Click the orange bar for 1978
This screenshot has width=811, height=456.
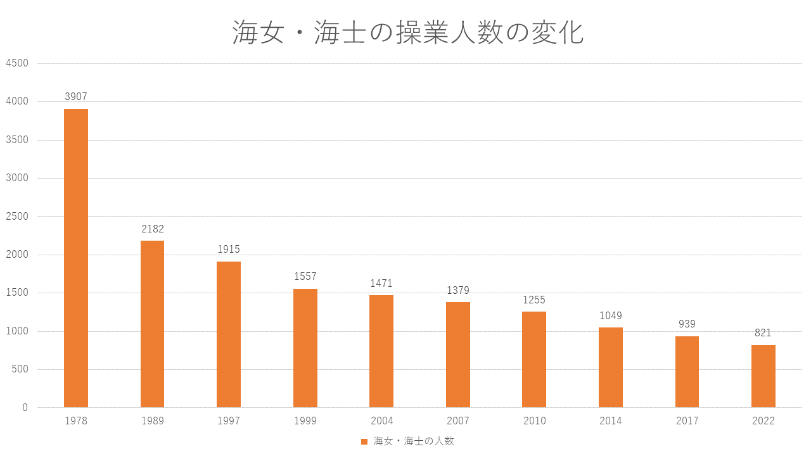coord(76,258)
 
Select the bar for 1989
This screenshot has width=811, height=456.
coord(152,324)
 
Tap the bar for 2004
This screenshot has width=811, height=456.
coord(381,351)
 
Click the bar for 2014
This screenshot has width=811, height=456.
coord(610,367)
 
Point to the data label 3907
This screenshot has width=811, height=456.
coord(76,97)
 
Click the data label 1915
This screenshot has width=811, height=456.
coord(229,250)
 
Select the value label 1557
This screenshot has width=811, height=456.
coord(305,277)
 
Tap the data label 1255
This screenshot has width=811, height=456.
coord(533,300)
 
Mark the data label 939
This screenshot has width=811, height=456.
coord(687,324)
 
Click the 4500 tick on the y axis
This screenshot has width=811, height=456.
coord(17,63)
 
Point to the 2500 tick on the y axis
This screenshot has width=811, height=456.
coord(17,217)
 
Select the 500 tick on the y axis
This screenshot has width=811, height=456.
coord(20,370)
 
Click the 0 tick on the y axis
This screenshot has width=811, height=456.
coord(25,408)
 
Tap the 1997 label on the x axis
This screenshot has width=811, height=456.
coord(229,421)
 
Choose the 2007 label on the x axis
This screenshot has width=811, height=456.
coord(457,421)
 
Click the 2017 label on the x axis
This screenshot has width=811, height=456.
coord(687,421)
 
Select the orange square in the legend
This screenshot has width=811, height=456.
coord(364,441)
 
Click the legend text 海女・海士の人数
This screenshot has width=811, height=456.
coord(414,441)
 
